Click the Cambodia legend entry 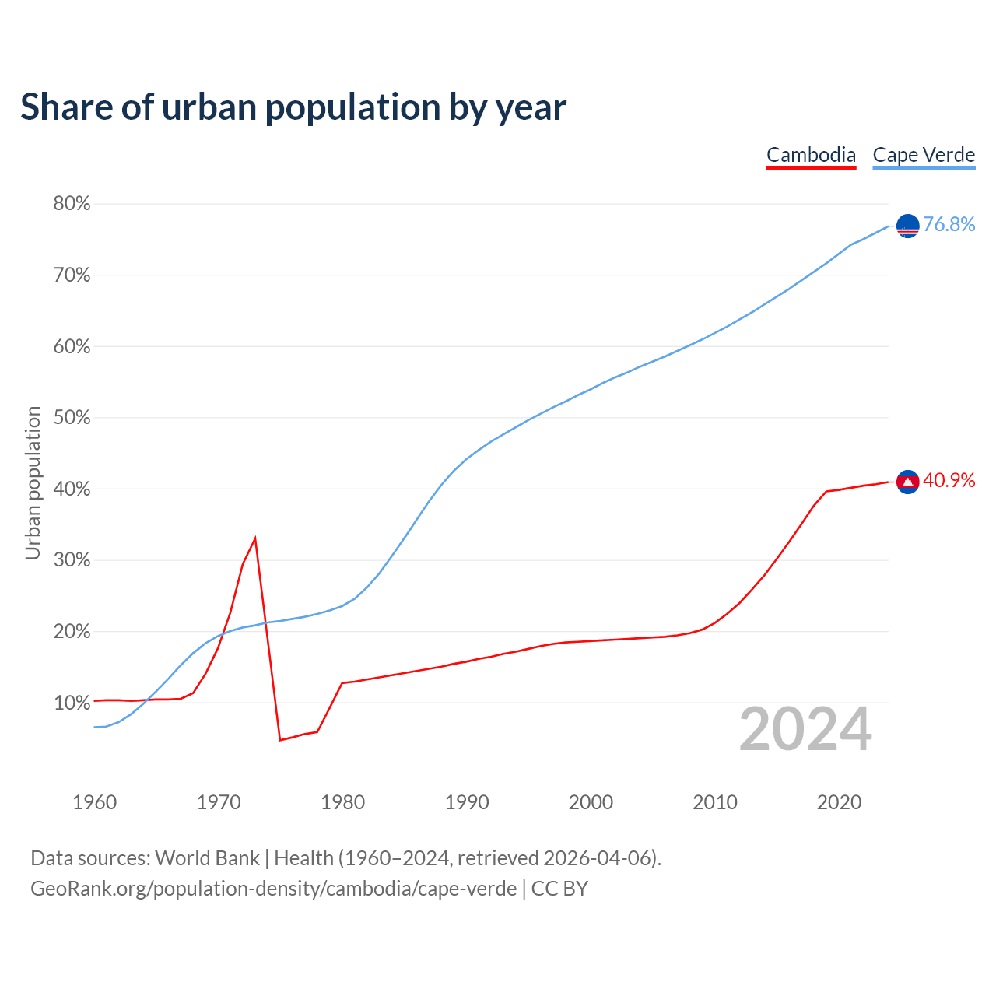811,155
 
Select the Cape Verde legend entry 924,155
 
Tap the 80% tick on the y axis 72,204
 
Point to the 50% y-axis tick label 72,418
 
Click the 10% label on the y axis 72,703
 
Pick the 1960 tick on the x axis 94,802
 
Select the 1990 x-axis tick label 467,802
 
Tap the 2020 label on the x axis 839,802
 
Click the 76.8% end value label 949,225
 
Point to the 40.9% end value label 949,481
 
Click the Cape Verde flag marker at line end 908,226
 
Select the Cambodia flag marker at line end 908,482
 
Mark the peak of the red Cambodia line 255,538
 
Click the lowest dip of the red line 280,739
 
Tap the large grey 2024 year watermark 805,729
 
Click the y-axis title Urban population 33,482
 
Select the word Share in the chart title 65,107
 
